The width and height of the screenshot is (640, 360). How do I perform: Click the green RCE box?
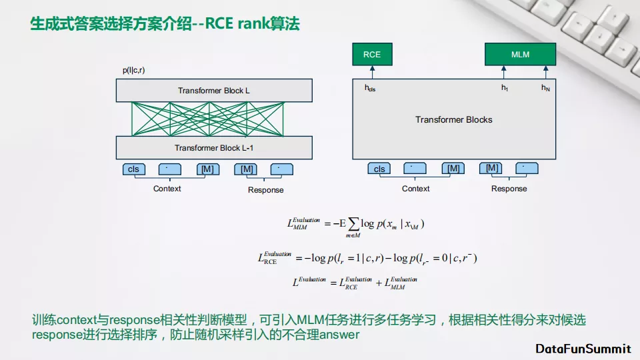click(372, 54)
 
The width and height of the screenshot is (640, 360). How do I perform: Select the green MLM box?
click(520, 54)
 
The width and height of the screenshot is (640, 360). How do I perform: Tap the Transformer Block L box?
click(213, 91)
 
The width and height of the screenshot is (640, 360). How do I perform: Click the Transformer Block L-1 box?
click(213, 147)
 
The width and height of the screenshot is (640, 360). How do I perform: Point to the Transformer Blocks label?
click(453, 119)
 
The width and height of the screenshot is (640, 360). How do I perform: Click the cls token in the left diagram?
click(134, 169)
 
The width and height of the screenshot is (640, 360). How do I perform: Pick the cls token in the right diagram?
click(379, 169)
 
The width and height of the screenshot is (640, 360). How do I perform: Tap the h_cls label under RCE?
click(370, 88)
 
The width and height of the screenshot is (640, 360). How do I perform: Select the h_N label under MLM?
click(545, 88)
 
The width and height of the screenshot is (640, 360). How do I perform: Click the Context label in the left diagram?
click(167, 189)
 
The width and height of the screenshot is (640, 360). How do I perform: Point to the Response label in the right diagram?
click(509, 189)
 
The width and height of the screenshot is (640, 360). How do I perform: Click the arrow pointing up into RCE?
click(372, 73)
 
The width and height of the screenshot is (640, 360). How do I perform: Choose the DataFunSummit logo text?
click(583, 349)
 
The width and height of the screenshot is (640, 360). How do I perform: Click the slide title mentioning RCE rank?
click(165, 25)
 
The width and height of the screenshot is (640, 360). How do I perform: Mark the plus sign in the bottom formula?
click(379, 283)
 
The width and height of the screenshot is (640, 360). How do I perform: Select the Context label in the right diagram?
click(415, 189)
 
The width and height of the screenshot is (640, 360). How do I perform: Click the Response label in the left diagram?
click(265, 190)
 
